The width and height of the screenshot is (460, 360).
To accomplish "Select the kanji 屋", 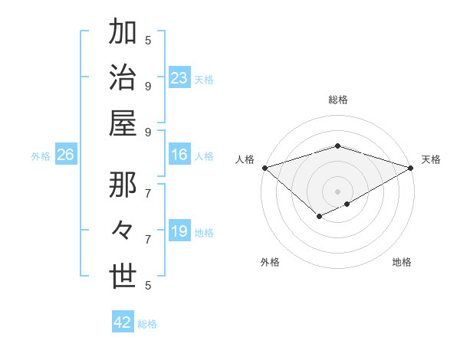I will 123,124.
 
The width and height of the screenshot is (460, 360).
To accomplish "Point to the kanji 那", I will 123,185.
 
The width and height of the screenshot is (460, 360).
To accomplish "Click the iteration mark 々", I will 123,231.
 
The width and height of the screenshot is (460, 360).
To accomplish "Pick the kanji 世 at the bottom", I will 123,277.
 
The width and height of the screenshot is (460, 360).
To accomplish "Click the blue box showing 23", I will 179,78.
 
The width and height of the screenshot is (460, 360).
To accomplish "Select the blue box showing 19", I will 179,231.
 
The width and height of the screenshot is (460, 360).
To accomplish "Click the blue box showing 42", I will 122,322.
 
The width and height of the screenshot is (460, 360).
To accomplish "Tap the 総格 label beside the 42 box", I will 147,324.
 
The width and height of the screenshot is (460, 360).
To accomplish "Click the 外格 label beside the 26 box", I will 41,156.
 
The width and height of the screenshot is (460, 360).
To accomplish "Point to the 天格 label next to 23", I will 204,80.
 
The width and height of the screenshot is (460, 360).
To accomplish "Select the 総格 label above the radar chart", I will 337,100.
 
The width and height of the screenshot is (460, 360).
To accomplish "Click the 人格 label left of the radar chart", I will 245,159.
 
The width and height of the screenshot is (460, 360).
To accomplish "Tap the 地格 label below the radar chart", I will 402,262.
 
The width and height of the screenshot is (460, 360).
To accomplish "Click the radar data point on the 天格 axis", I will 412,168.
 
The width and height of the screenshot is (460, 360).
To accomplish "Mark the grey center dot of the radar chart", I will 337,191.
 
